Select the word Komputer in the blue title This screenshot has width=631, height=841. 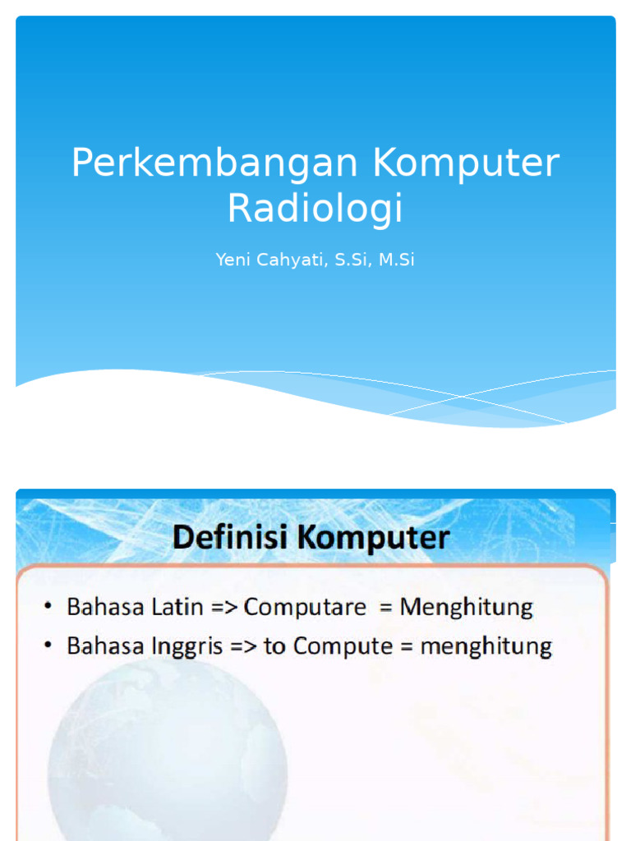(466, 163)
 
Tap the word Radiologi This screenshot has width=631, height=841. (315, 208)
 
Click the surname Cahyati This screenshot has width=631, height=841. (288, 260)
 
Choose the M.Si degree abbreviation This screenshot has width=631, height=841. (396, 260)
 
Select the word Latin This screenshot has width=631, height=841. (178, 608)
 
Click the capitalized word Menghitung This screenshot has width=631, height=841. (467, 609)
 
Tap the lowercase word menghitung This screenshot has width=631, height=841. (486, 647)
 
